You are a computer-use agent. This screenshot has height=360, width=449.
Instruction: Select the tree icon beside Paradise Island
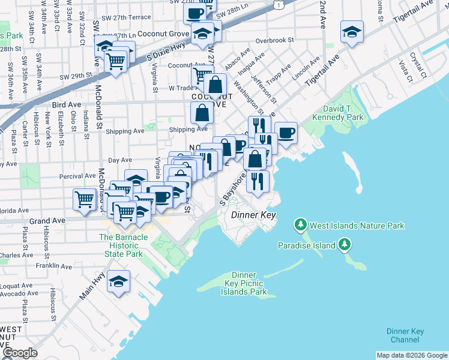[345, 245]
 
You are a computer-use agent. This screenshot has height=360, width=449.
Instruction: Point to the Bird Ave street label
[67, 104]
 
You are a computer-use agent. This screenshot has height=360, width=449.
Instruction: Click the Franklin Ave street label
[54, 265]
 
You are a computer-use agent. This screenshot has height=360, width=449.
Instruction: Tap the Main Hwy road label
[91, 287]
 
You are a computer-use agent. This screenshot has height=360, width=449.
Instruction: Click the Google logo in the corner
[20, 352]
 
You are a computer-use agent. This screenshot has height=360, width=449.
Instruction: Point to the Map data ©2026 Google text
[411, 355]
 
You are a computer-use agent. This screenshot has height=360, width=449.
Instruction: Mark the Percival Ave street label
[77, 176]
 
